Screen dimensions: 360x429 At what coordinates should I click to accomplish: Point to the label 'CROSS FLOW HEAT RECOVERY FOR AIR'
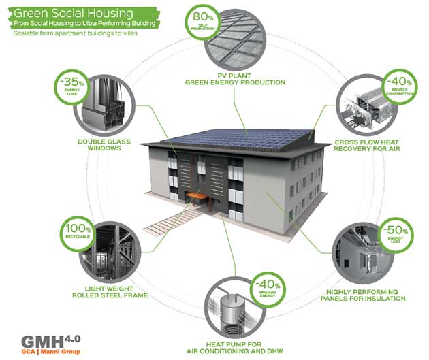tap(370, 145)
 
